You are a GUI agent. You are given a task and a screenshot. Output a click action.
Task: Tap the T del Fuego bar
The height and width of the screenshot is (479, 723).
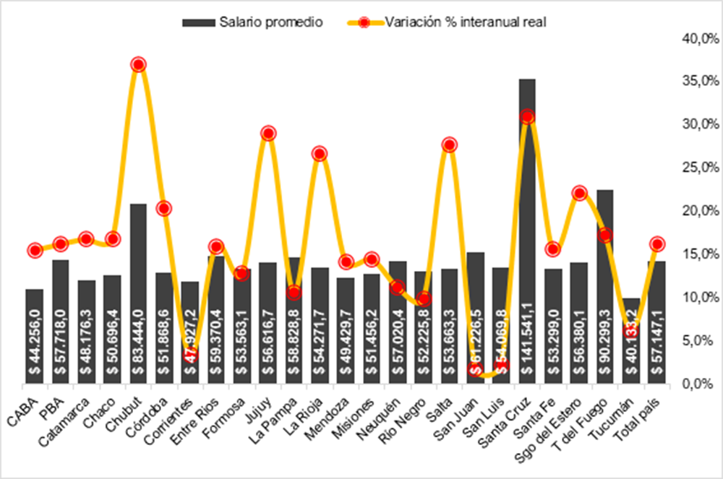coord(605,275)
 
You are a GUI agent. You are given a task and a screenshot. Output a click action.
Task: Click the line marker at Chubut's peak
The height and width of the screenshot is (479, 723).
coord(139,64)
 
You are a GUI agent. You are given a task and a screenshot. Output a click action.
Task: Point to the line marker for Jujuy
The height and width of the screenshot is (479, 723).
coord(268,133)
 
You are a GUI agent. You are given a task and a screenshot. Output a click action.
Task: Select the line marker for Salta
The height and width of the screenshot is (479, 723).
coord(449,144)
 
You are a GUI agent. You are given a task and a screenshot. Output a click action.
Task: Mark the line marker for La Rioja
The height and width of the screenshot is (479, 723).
coord(320,153)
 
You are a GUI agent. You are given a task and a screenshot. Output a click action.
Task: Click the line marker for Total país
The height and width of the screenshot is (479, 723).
coord(656,243)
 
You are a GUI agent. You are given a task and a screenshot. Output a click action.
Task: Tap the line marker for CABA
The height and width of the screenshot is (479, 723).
coord(35,251)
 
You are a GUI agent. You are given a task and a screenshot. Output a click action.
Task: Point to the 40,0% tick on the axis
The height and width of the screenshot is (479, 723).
coord(696,38)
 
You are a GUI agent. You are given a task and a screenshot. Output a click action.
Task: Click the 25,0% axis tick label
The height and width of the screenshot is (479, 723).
coord(696,167)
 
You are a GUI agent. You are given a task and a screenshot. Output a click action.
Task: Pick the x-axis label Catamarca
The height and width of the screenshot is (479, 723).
coord(72,412)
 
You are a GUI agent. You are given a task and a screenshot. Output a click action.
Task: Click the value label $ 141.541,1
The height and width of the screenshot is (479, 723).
coord(528,337)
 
